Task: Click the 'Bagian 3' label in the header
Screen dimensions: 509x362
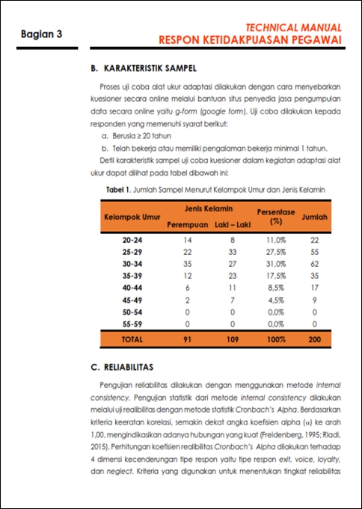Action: pos(41,34)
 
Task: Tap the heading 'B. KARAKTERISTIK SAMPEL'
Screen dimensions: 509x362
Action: pos(142,68)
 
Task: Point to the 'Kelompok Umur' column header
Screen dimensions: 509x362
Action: pos(132,217)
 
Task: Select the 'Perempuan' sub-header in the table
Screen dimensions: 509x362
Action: pos(187,224)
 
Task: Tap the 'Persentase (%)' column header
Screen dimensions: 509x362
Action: pos(276,217)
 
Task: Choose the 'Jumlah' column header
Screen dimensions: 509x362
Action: pos(315,217)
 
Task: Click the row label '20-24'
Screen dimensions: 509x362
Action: pos(132,241)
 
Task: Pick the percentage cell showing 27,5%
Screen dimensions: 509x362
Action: pos(276,253)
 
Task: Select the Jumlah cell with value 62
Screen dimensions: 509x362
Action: pos(315,265)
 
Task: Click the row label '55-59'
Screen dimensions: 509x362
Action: pos(132,324)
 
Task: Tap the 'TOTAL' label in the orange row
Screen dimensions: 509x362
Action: pos(132,339)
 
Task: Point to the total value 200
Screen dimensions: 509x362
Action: pos(315,339)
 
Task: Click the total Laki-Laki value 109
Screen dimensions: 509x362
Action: pos(233,339)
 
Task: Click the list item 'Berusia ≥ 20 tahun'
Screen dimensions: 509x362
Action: pos(136,137)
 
